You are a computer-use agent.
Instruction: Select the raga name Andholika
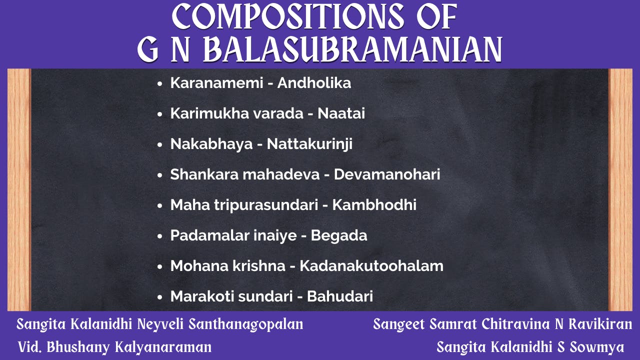(314, 83)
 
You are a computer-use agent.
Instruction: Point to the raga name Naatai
(341, 113)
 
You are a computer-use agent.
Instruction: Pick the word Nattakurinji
(309, 144)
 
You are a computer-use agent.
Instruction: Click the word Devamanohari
(387, 174)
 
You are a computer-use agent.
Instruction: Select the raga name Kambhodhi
(374, 205)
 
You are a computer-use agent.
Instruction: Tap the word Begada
(339, 235)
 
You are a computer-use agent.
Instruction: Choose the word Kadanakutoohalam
(371, 266)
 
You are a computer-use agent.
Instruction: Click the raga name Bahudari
(340, 296)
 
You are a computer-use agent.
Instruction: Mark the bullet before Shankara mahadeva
(160, 175)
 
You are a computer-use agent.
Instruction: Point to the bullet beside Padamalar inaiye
(160, 236)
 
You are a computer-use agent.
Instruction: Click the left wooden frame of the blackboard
(19, 190)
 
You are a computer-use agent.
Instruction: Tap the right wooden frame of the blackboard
(620, 190)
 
